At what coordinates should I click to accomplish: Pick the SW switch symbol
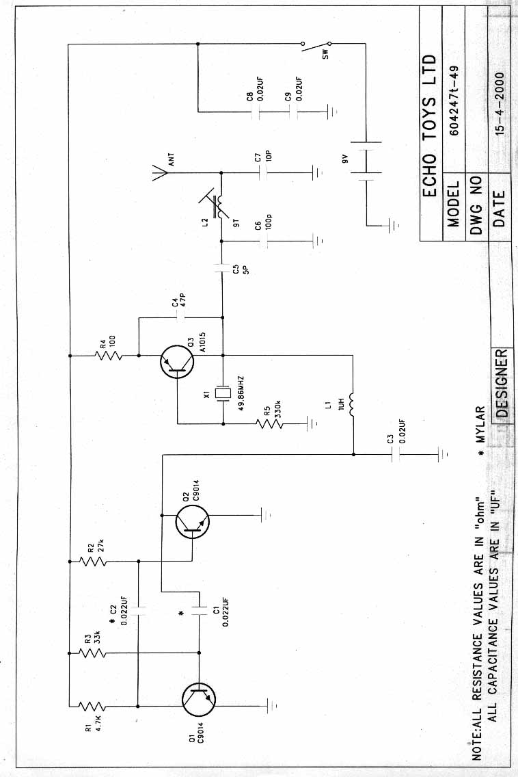316,47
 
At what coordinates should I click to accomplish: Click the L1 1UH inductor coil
353,404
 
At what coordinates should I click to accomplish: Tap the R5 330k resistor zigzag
271,424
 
